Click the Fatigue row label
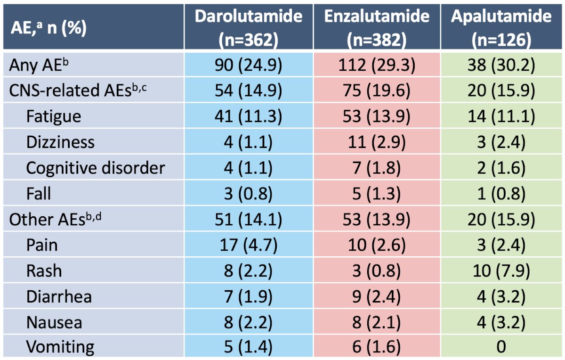click(54, 117)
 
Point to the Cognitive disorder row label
click(96, 168)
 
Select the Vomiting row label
click(60, 347)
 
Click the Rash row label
click(44, 271)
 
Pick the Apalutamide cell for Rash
click(501, 271)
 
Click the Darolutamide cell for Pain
click(249, 245)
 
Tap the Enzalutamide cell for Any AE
click(377, 65)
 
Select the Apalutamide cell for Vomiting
click(501, 346)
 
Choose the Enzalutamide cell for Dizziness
click(377, 142)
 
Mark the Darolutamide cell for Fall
click(249, 194)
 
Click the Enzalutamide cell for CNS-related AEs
click(377, 90)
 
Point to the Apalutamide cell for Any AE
click(501, 65)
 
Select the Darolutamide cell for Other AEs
click(249, 220)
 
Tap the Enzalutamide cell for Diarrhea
click(377, 297)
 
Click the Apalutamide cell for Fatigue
click(501, 116)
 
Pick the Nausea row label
click(54, 322)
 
